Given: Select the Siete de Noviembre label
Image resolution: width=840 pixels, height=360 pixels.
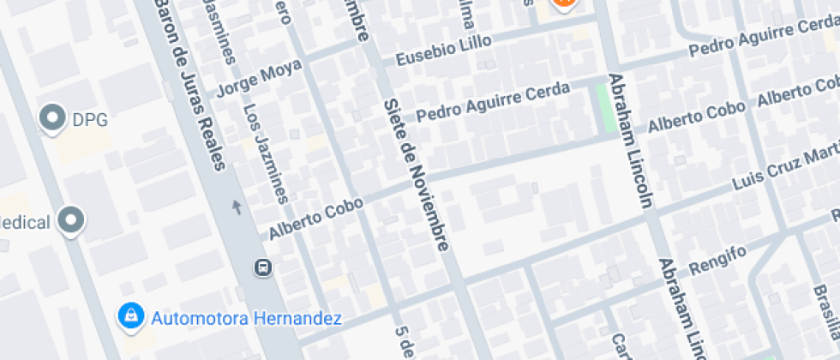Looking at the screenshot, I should tap(417, 175).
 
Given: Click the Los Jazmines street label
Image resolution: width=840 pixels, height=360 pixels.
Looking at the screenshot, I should tap(264, 153).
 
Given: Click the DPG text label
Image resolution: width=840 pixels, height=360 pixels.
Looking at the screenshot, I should tap(90, 120).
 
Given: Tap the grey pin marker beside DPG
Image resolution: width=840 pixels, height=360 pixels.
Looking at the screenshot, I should tap(54, 118).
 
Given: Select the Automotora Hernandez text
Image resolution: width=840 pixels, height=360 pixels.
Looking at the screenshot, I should tap(247, 319).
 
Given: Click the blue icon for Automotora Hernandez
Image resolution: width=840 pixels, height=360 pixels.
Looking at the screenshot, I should tap(130, 316).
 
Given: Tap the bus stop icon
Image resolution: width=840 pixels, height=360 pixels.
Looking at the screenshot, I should tap(263, 267).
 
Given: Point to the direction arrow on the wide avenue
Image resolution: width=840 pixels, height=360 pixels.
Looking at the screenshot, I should tap(237, 207).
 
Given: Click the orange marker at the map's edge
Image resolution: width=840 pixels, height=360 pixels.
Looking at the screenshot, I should tap(563, 3).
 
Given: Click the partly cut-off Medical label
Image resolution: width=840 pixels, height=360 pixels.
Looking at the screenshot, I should tap(25, 223).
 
